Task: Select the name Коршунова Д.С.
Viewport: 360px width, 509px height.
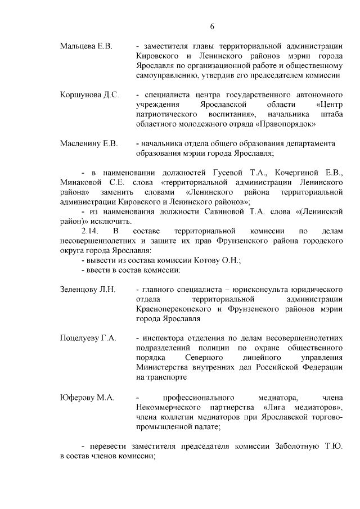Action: (x=89, y=94)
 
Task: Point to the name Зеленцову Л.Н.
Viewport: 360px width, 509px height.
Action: (x=88, y=289)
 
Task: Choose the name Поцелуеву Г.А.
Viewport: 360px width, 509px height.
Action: (x=88, y=338)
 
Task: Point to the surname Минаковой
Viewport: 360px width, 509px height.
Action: (x=82, y=182)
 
